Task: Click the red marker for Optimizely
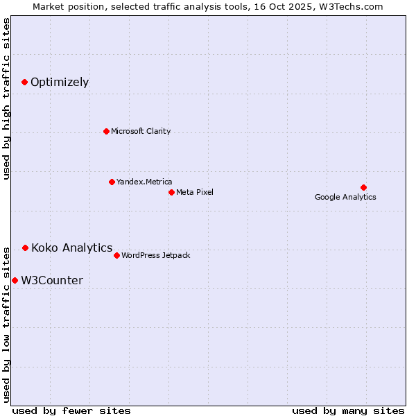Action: tap(24, 82)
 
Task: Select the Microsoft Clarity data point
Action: tap(106, 131)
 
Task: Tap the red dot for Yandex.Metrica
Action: tap(112, 182)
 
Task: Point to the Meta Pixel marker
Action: tap(171, 192)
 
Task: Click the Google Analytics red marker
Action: tap(363, 187)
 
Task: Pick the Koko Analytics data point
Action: tap(25, 248)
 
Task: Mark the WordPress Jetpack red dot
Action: tap(116, 255)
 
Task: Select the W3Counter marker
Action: tap(15, 280)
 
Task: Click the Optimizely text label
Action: tap(60, 83)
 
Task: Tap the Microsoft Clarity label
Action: tap(141, 131)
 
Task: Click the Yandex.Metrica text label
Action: tap(144, 182)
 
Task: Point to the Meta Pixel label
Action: tap(195, 192)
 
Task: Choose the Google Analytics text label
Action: tap(345, 197)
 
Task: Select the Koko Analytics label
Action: tap(71, 248)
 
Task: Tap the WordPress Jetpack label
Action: tap(155, 255)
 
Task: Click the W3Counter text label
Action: tap(52, 280)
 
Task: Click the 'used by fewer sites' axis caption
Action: tap(71, 410)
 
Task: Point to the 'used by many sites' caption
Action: tap(348, 410)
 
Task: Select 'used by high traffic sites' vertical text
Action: tap(6, 98)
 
